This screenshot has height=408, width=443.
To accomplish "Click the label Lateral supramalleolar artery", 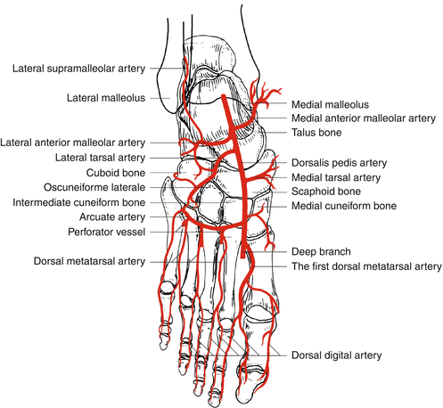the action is tap(78, 69).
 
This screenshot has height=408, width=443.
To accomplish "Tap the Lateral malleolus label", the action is tap(106, 98).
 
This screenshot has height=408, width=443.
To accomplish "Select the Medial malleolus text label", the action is tap(330, 104).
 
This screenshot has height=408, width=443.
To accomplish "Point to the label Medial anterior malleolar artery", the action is tap(364, 118).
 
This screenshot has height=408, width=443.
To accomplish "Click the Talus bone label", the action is tap(316, 133).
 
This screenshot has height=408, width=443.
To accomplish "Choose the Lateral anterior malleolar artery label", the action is tap(73, 143).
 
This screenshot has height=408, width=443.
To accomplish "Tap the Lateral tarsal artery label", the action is tap(100, 158).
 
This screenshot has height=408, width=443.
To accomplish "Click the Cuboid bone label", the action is tap(116, 173).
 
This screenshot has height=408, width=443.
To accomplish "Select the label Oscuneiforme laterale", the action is tap(94, 187).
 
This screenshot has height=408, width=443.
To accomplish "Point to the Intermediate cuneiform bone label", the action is tap(79, 202).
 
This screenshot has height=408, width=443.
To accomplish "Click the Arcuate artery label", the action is tap(112, 217).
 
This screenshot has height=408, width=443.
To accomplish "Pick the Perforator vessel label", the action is tap(107, 232).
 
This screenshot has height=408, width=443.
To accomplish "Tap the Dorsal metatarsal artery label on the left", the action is tap(89, 261).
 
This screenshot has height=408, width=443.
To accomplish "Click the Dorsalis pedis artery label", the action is tap(339, 163).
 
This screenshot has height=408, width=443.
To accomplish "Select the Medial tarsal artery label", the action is tap(336, 177).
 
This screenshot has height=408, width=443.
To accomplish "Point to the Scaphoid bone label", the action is tap(326, 192).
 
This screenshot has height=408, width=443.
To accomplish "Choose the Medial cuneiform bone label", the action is tap(344, 206).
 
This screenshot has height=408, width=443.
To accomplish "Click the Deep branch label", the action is tap(321, 252).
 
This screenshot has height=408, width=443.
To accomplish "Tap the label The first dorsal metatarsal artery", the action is tap(366, 266).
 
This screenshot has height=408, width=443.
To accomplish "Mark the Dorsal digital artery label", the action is tap(336, 355).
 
